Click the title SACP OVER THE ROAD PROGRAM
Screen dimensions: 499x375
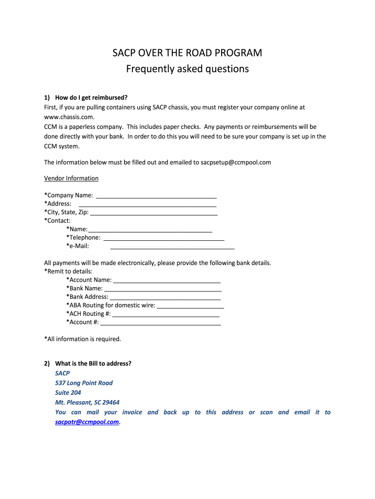pos(187,53)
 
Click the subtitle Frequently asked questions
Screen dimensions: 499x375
pos(187,69)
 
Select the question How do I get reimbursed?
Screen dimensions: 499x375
pos(91,97)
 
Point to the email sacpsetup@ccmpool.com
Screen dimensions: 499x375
pos(236,162)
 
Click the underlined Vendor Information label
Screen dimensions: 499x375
pos(71,178)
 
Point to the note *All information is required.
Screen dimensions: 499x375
pos(82,339)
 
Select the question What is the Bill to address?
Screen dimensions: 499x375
pos(93,364)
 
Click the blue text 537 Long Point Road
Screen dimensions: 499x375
pos(84,383)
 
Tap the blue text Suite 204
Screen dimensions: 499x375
pos(68,393)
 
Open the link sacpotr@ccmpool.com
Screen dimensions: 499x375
pos(87,422)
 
